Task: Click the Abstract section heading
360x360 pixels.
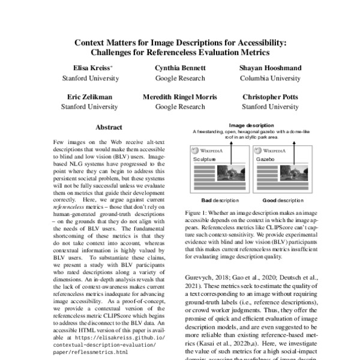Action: [x=109, y=127]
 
